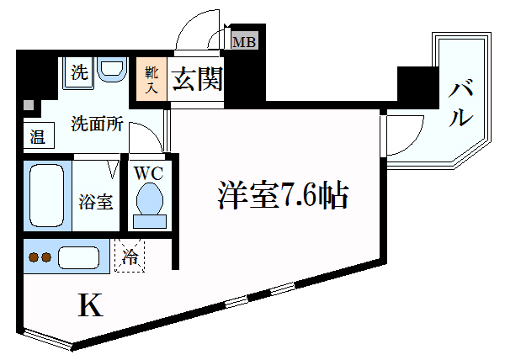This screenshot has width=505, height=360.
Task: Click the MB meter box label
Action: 245,40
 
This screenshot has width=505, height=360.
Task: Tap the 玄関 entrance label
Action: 197,80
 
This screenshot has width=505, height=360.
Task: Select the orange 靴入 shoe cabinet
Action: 153,80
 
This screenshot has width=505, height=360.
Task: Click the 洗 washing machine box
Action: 78,72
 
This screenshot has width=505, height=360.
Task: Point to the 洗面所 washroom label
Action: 97,124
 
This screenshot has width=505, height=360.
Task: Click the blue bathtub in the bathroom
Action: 47,196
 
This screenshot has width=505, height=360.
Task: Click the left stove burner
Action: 33,257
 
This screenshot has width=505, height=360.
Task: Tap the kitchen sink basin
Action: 81,257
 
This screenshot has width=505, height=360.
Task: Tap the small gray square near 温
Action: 29,107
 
